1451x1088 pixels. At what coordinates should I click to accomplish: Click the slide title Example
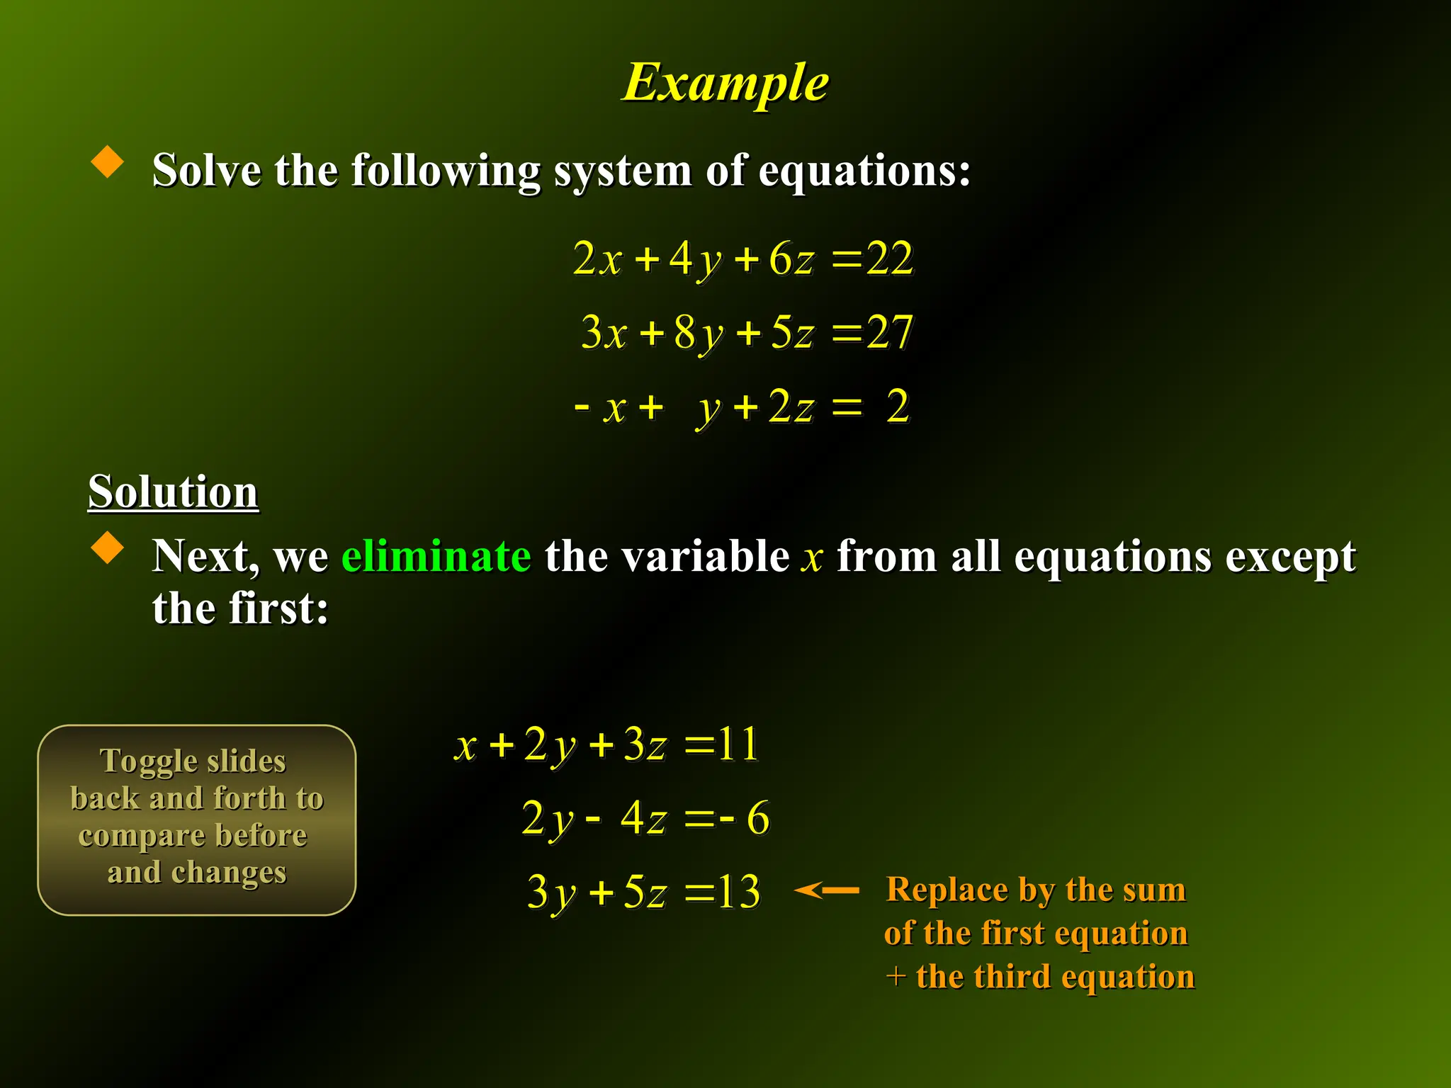click(x=725, y=84)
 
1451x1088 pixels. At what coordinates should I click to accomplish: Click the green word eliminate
click(x=436, y=555)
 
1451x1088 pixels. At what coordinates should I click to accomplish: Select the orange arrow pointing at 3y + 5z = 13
click(x=826, y=890)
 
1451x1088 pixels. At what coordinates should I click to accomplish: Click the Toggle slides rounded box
click(x=196, y=820)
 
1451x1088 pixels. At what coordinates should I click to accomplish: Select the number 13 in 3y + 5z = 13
click(x=738, y=891)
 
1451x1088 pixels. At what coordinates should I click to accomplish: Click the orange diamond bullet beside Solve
click(x=108, y=161)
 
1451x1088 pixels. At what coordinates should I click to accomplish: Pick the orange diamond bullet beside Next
click(x=108, y=548)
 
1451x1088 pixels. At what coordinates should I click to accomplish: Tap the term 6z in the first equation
click(x=791, y=259)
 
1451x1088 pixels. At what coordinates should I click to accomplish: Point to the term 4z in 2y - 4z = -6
click(x=643, y=818)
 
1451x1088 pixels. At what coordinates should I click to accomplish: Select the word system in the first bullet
click(x=622, y=171)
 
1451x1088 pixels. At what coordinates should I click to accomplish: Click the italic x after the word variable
click(x=812, y=557)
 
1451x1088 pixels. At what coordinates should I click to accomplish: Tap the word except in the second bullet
click(x=1291, y=557)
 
